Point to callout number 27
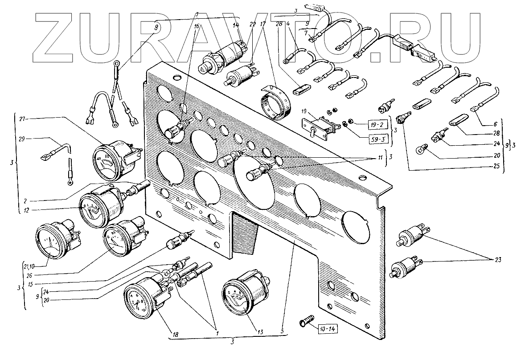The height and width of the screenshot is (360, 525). [23, 119]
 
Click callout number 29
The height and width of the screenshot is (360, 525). [23, 139]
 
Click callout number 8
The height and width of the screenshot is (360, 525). [156, 27]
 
